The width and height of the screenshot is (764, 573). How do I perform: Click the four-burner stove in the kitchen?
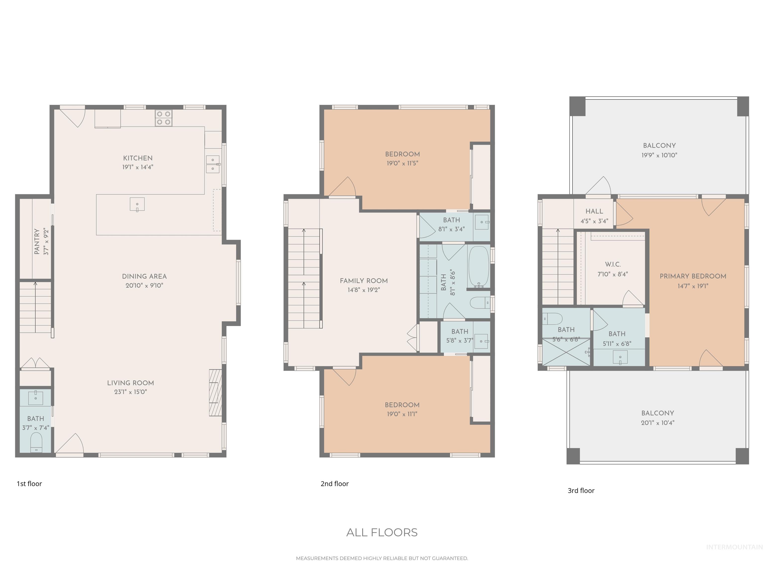[x=163, y=118]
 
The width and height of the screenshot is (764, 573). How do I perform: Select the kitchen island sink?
[x=137, y=204]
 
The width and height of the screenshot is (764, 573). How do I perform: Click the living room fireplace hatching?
[x=215, y=393]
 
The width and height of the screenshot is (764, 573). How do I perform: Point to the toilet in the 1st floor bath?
[x=36, y=442]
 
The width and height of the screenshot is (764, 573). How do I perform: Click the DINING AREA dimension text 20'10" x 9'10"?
[x=144, y=285]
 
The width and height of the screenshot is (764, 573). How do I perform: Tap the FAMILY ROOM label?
[x=364, y=281]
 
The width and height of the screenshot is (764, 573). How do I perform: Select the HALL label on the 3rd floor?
[x=594, y=211]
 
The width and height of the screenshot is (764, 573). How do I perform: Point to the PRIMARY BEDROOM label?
[x=693, y=276]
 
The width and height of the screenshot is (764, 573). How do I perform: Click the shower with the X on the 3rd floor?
[x=566, y=352]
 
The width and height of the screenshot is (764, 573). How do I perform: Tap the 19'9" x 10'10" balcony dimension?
[x=659, y=155]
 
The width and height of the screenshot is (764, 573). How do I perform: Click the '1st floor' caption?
[x=29, y=483]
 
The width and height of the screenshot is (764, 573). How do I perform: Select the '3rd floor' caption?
[x=581, y=490]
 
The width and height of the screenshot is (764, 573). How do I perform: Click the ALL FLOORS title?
[x=382, y=532]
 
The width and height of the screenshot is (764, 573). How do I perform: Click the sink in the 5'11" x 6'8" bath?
[x=620, y=357]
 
